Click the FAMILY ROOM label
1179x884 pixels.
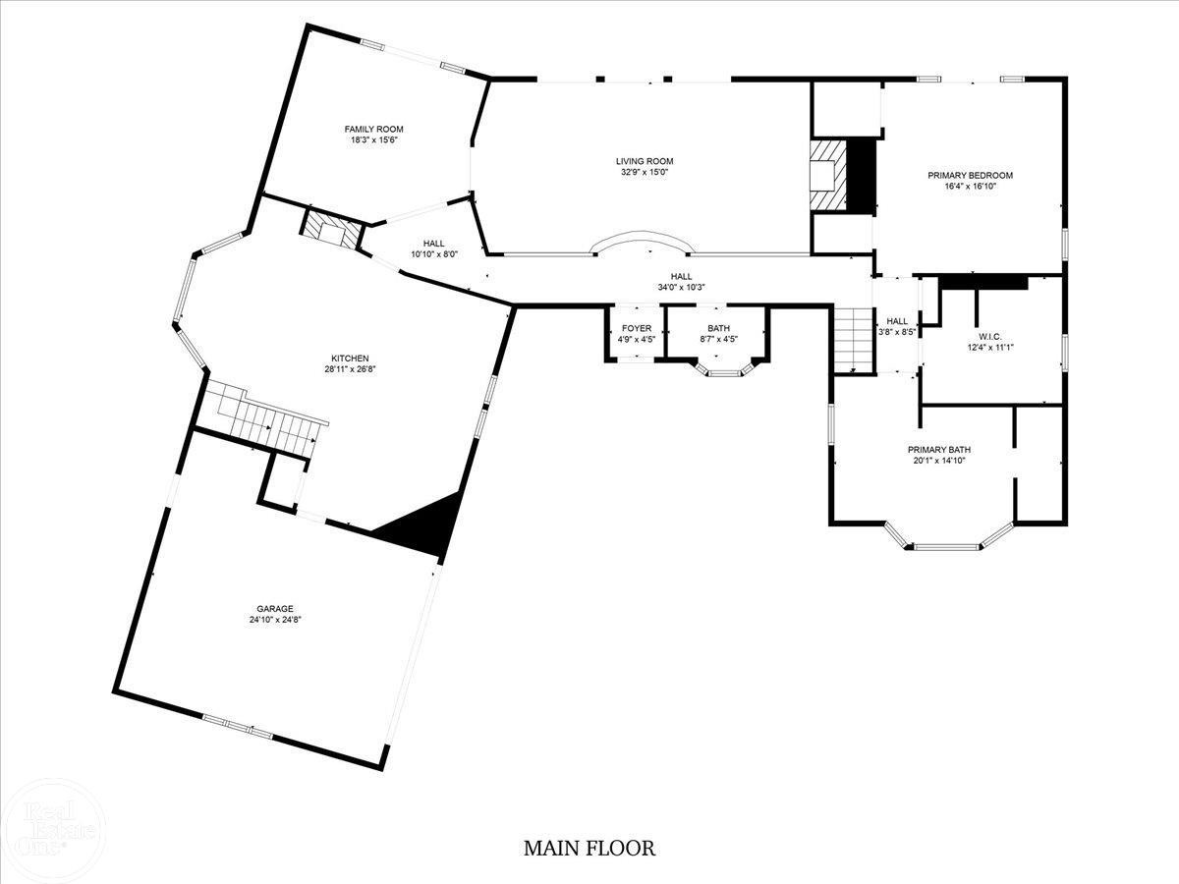(x=374, y=130)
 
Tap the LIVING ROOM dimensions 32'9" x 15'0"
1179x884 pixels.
(x=645, y=172)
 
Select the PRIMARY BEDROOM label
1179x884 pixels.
(x=971, y=176)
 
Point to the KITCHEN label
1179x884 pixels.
(x=350, y=359)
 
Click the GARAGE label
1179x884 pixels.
(x=275, y=609)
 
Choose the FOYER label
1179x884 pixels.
(x=637, y=328)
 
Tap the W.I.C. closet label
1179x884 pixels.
(x=990, y=337)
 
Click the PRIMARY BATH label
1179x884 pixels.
(x=939, y=450)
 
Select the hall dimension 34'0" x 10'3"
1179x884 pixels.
(x=681, y=288)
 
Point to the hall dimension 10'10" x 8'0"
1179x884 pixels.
(x=434, y=255)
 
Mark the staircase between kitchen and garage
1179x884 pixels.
(x=265, y=418)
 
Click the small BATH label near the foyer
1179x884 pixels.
(x=718, y=328)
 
